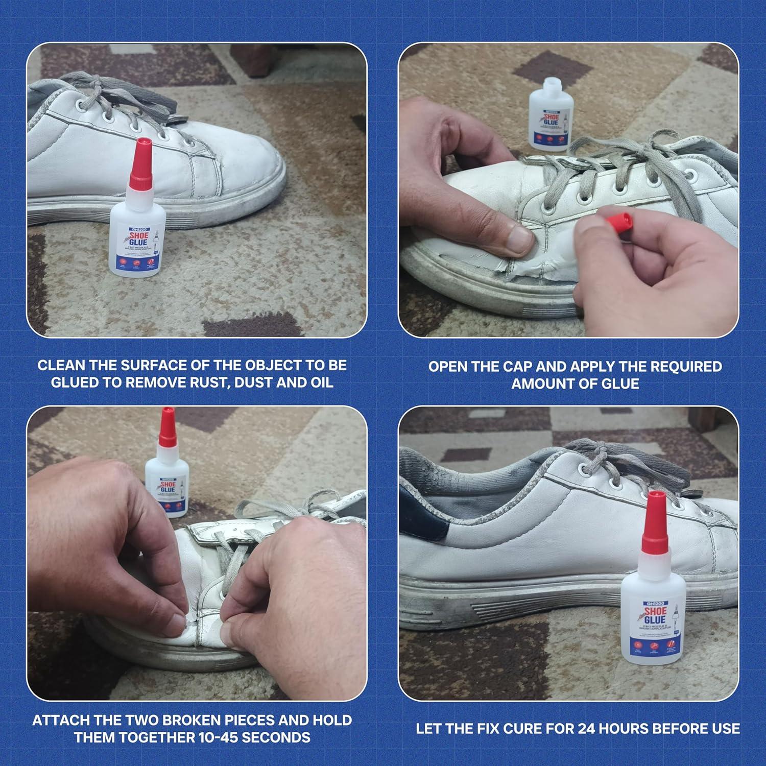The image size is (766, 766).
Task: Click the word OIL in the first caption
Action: pyautogui.click(x=321, y=382)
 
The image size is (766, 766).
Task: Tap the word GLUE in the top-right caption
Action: pyautogui.click(x=620, y=384)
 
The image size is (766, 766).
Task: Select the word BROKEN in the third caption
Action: pyautogui.click(x=199, y=720)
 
